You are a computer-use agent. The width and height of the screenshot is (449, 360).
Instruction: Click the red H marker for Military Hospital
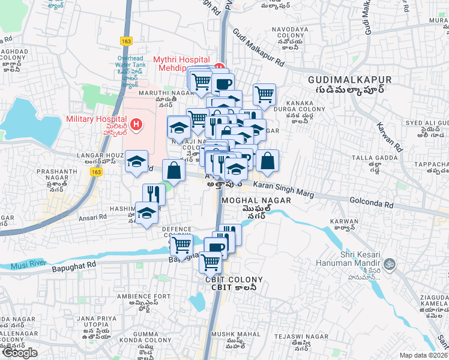point(137,125)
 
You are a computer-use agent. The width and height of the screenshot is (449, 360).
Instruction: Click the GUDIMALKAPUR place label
point(349,80)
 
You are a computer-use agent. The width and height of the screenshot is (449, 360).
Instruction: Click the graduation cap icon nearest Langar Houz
point(137,160)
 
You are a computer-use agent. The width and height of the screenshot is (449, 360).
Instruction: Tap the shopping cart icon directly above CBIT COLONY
point(210,262)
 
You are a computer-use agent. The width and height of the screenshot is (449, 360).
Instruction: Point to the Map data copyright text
point(423,355)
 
